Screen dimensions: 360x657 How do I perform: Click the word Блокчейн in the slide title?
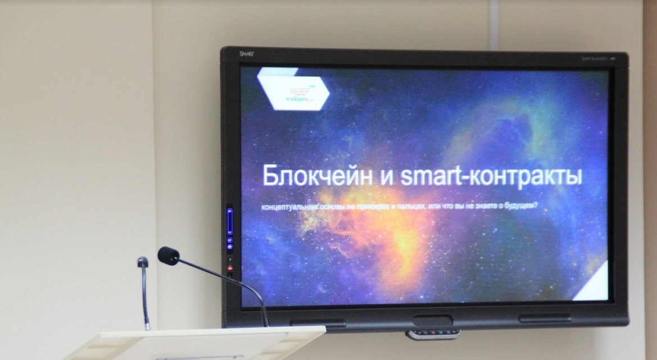click(317, 176)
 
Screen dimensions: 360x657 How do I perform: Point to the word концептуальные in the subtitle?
click(290, 208)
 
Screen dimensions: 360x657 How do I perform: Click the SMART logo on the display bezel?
click(247, 54)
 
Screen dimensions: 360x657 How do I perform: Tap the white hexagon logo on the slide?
click(293, 88)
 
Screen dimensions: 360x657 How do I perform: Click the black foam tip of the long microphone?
click(168, 256)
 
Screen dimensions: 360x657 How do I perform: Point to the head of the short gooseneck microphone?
click(143, 262)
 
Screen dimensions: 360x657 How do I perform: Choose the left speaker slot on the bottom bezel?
click(318, 323)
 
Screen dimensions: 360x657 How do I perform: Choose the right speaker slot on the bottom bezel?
click(544, 318)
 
